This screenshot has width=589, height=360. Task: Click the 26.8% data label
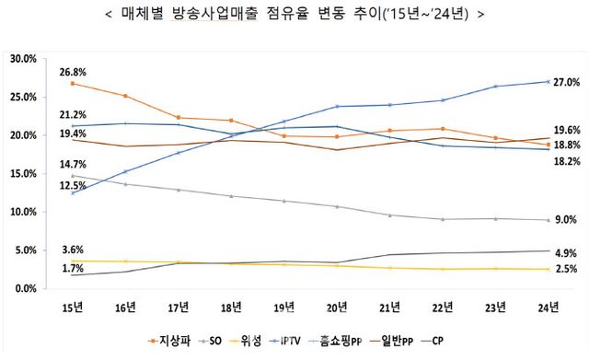tap(73, 72)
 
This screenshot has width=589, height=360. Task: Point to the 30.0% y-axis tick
tap(22, 58)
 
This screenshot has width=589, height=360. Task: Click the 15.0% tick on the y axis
tap(22, 173)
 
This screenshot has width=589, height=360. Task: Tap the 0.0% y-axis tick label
tap(25, 288)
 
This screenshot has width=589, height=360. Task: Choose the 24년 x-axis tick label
tap(545, 305)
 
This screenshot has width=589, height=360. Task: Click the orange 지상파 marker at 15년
tap(73, 84)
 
